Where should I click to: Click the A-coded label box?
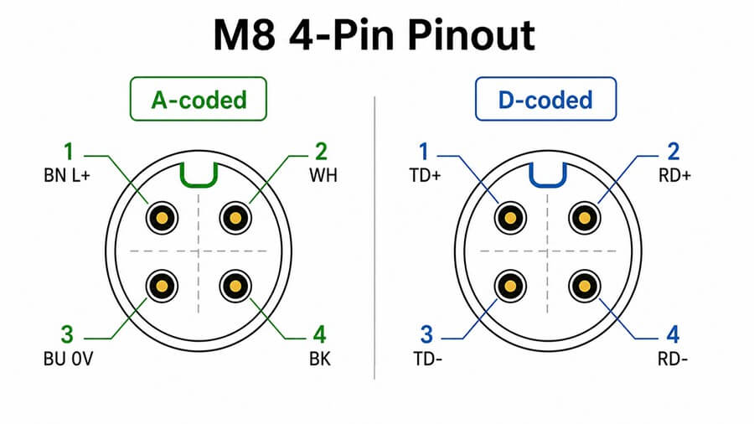(198, 99)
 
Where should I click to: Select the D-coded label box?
(545, 99)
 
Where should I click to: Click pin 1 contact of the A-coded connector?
(162, 218)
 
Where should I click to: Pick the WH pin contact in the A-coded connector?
(235, 218)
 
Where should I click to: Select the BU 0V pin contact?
(162, 287)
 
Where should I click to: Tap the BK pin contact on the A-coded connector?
(235, 287)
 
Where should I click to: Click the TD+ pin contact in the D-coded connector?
(511, 218)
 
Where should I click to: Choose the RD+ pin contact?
(584, 218)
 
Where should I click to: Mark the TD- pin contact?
(511, 287)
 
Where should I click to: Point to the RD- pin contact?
(584, 287)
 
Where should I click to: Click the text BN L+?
(67, 175)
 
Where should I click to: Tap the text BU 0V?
(69, 359)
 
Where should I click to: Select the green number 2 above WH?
(321, 152)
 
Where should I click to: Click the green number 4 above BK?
(320, 335)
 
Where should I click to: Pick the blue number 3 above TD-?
(426, 335)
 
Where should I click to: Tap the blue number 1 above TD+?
(423, 152)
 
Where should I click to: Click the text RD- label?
(673, 359)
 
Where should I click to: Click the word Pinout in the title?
(471, 35)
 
